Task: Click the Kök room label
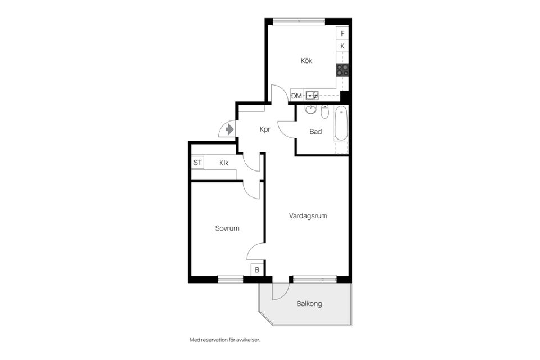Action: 307,61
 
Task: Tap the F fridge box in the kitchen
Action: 343,33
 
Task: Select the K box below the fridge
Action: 343,46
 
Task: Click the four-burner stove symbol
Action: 343,70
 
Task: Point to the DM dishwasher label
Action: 296,96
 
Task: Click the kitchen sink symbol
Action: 312,95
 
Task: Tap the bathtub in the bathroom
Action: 341,123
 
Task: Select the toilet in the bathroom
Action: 325,111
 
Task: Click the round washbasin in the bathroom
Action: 311,109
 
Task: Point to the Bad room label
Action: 316,132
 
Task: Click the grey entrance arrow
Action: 229,129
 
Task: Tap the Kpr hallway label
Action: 265,129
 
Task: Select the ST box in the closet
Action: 197,163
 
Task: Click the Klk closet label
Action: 224,163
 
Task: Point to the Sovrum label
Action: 227,228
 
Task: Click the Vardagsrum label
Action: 308,216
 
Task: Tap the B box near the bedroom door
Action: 257,270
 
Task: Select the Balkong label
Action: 309,304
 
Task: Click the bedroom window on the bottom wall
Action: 231,278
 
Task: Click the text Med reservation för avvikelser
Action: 225,340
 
